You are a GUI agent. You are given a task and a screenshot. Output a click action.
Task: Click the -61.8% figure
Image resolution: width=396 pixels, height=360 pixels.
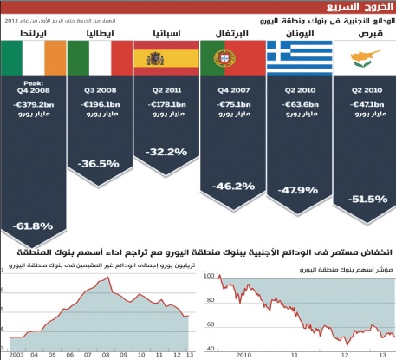click(34, 226)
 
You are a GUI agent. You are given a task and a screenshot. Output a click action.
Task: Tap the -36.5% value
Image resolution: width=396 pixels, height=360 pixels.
click(99, 163)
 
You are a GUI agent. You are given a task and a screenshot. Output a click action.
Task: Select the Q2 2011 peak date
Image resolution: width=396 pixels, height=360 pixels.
click(166, 88)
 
